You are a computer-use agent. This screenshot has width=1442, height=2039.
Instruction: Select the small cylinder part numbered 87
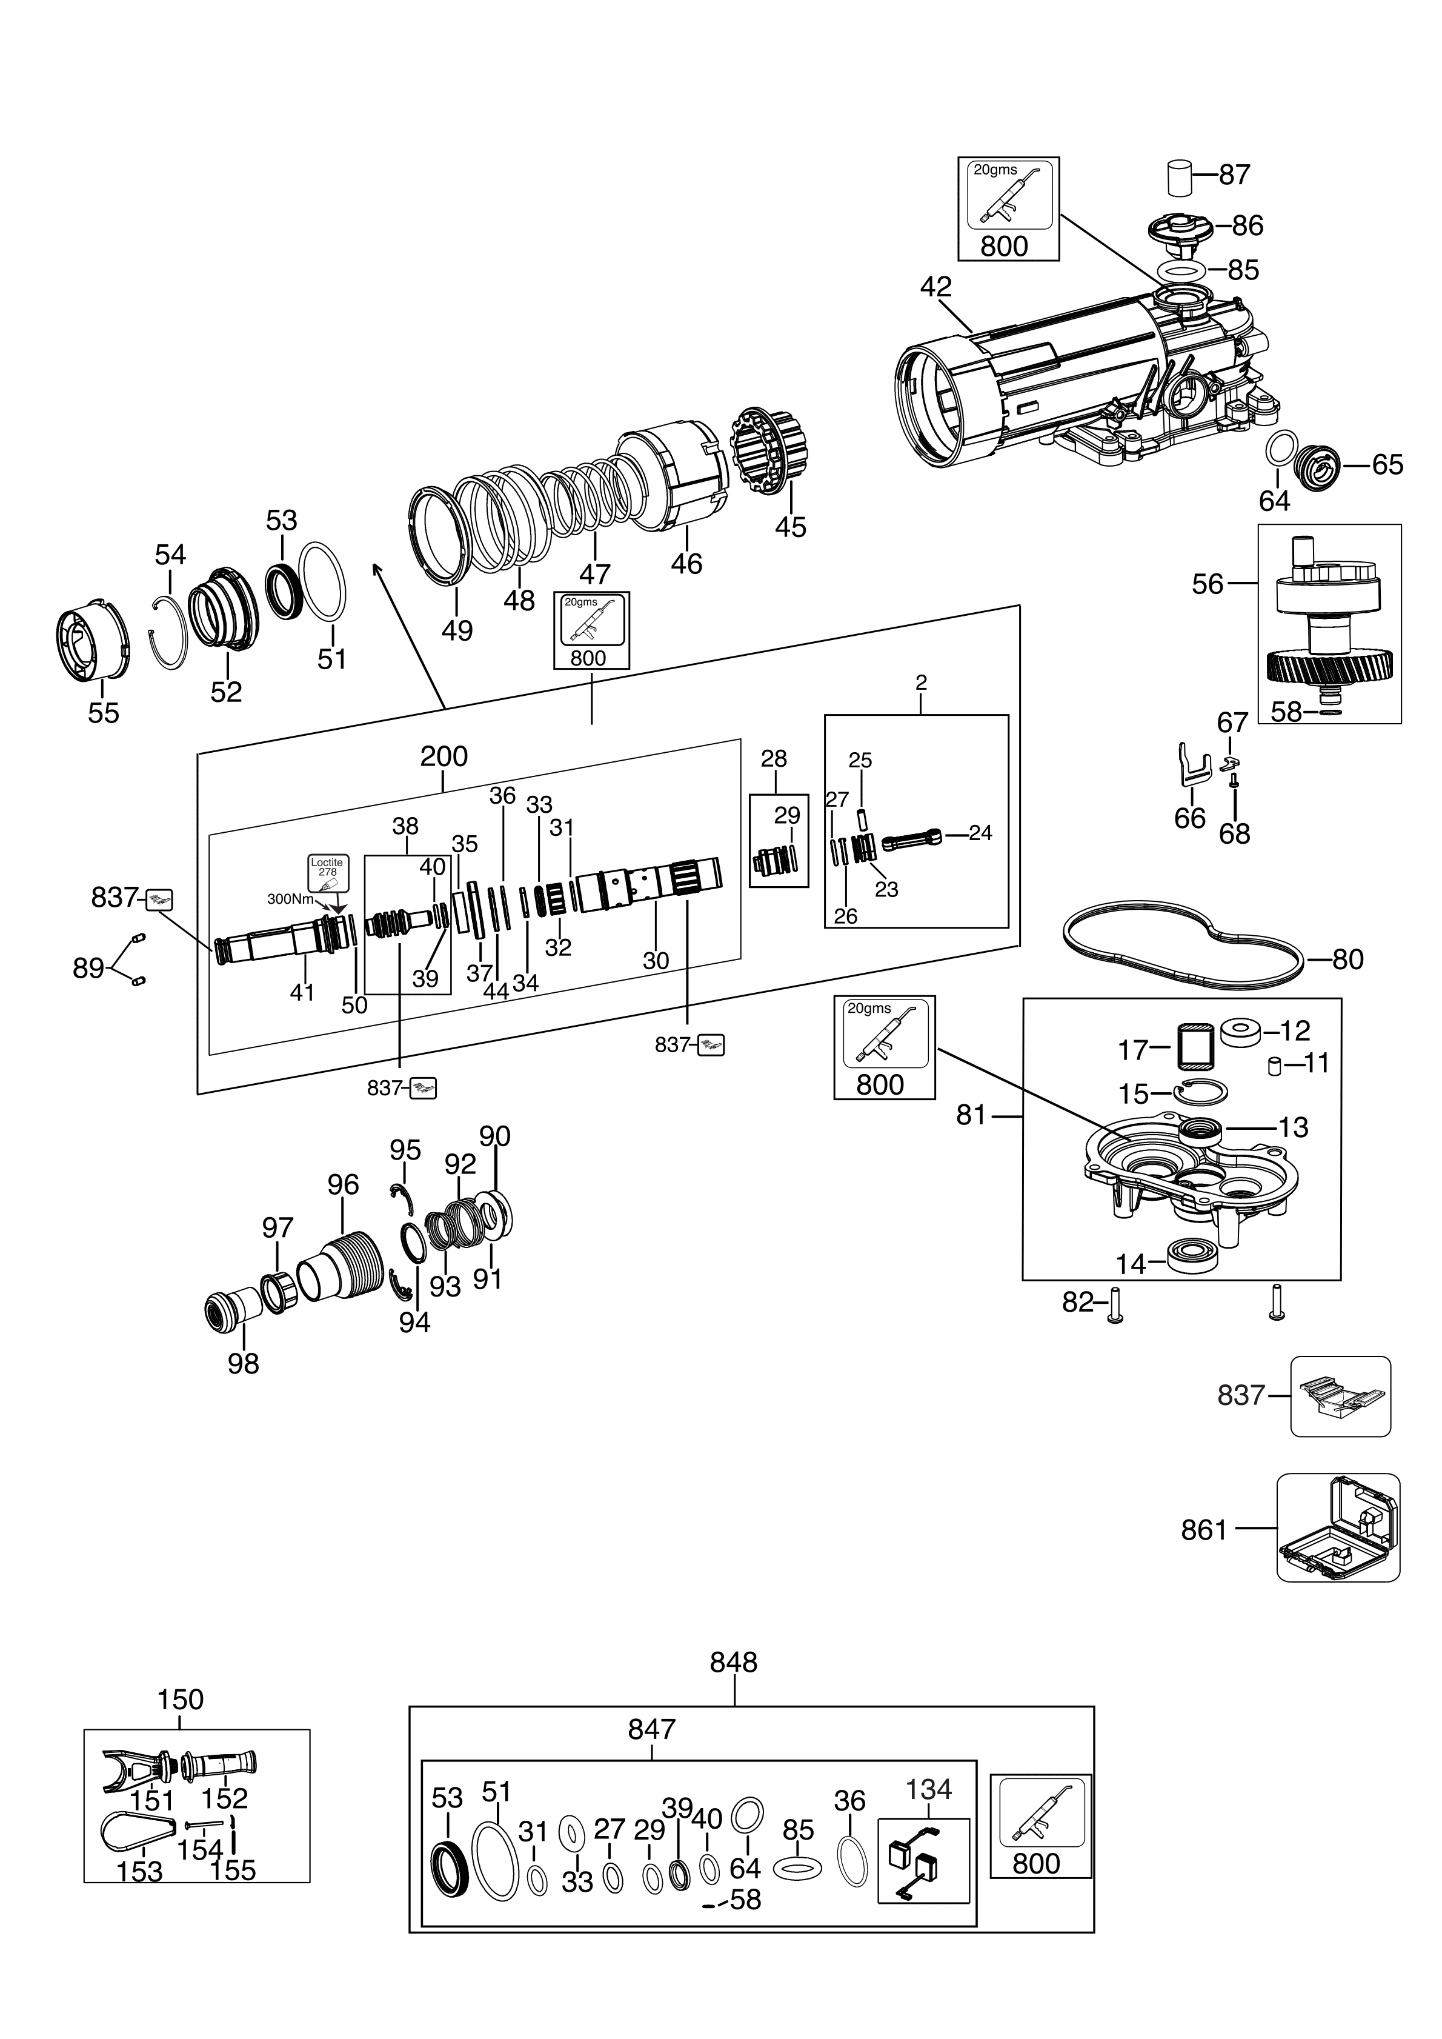1178,177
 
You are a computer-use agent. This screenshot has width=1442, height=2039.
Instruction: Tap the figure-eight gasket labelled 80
1183,958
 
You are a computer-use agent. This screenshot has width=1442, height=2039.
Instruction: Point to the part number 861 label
1203,1529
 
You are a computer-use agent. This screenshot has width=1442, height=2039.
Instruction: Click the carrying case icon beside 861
1338,1529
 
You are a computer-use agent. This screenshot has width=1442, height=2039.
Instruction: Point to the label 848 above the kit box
734,1663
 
